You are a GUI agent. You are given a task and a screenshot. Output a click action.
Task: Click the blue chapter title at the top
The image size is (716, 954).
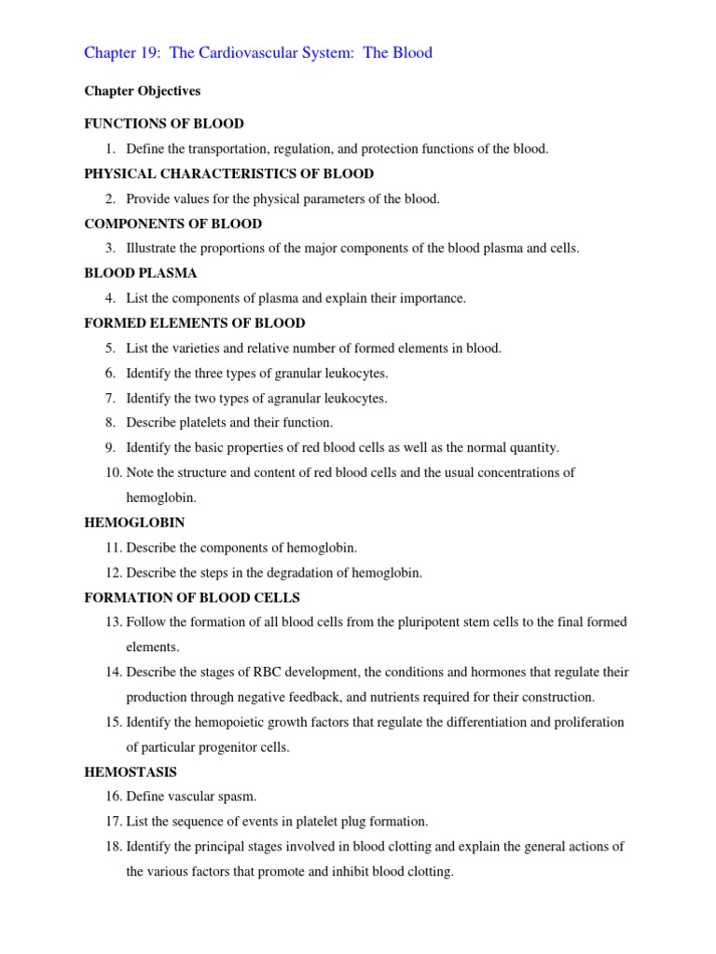point(258,53)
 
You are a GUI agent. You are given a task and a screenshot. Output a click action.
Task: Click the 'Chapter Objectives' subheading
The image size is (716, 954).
point(142,91)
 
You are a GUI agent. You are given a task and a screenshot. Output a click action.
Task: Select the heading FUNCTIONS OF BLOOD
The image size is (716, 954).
point(164,123)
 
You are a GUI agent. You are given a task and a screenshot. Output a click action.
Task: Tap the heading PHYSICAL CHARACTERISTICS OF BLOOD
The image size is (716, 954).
point(228,173)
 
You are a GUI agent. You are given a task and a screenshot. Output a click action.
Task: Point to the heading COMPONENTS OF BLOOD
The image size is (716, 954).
point(172,224)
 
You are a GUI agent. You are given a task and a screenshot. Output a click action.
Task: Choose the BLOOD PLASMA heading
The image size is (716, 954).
point(141,273)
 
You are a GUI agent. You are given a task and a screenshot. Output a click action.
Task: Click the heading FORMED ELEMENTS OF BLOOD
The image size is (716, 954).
point(195,323)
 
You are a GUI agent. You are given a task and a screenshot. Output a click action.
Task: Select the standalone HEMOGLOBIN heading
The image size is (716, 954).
point(134,523)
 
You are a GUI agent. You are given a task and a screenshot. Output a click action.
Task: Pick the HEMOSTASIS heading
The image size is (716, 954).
point(131,772)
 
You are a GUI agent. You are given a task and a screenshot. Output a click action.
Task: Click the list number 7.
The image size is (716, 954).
point(110,398)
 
